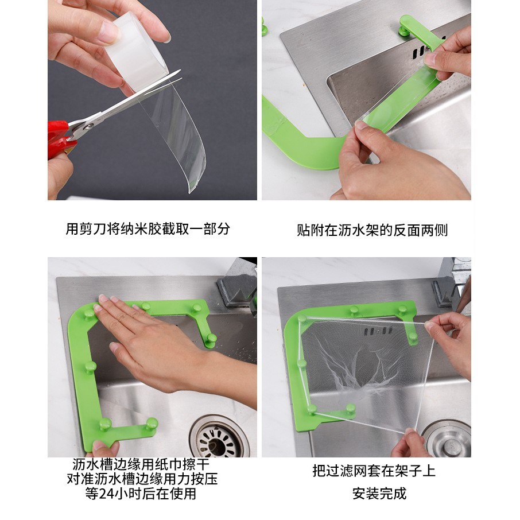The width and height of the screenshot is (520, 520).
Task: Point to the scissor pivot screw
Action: pyautogui.click(x=89, y=126)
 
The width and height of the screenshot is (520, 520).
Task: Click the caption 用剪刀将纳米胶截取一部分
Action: pyautogui.click(x=148, y=229)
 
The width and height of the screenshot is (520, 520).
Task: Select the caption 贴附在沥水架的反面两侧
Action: pyautogui.click(x=372, y=230)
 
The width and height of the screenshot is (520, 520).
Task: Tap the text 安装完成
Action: pyautogui.click(x=379, y=493)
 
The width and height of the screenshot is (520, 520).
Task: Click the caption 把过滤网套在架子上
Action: pyautogui.click(x=374, y=471)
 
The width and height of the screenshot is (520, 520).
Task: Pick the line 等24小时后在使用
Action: pyautogui.click(x=141, y=494)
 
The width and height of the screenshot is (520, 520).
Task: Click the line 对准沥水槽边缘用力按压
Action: pyautogui.click(x=142, y=479)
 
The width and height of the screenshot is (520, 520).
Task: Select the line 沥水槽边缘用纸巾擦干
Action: pyautogui.click(x=141, y=464)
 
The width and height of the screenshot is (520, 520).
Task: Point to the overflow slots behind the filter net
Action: pyautogui.click(x=378, y=331)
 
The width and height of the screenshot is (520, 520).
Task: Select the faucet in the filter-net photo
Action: pyautogui.click(x=452, y=282)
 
